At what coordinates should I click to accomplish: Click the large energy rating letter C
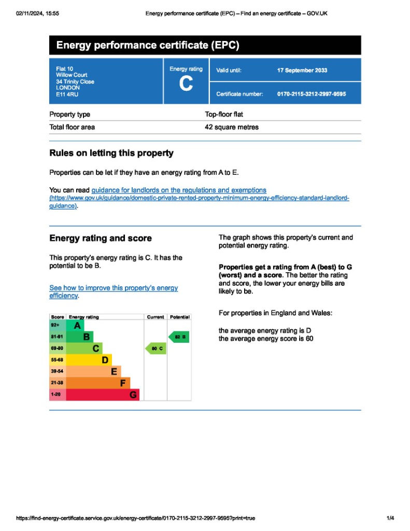(x=186, y=85)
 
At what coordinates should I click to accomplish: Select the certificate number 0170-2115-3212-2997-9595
(x=312, y=94)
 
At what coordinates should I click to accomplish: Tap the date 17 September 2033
(x=302, y=71)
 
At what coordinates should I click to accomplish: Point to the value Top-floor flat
(x=224, y=114)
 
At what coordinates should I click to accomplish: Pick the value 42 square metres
(x=232, y=127)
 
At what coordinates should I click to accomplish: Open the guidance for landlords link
(x=179, y=190)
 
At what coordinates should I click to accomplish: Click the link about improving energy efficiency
(x=113, y=291)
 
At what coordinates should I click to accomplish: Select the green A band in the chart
(x=76, y=326)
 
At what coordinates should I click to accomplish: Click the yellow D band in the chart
(x=91, y=360)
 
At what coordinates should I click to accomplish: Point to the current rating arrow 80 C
(x=155, y=349)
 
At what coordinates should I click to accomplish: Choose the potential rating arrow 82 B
(x=179, y=337)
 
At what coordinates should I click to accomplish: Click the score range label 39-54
(x=57, y=372)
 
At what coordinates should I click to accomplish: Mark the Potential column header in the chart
(x=179, y=317)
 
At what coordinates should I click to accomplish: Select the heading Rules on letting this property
(x=111, y=153)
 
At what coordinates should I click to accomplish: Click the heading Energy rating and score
(x=100, y=239)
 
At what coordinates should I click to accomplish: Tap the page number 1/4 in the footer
(x=390, y=518)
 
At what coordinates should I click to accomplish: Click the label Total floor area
(x=72, y=127)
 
